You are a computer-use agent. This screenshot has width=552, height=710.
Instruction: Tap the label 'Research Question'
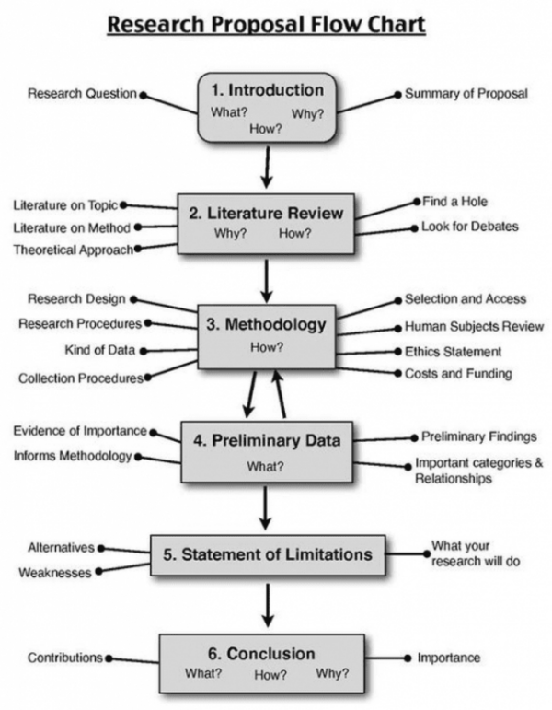pyautogui.click(x=82, y=94)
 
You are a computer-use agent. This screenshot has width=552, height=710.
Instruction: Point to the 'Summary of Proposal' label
pyautogui.click(x=466, y=94)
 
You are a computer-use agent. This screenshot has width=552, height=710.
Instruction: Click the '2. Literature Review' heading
pyautogui.click(x=266, y=214)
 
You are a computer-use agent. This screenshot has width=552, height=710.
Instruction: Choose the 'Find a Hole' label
pyautogui.click(x=454, y=201)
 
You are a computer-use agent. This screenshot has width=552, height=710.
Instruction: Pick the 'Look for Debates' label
pyautogui.click(x=469, y=227)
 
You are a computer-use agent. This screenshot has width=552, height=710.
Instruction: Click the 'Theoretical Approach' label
pyautogui.click(x=73, y=250)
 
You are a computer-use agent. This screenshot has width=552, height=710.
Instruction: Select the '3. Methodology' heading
pyautogui.click(x=266, y=324)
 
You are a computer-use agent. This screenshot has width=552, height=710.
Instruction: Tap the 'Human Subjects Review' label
pyautogui.click(x=474, y=327)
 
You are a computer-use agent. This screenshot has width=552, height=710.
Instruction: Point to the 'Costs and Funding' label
pyautogui.click(x=458, y=374)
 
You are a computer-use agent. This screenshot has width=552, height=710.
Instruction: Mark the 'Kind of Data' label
pyautogui.click(x=99, y=350)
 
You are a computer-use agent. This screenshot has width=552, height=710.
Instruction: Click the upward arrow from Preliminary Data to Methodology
pyautogui.click(x=279, y=394)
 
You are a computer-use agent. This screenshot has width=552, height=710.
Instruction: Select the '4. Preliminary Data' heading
pyautogui.click(x=266, y=440)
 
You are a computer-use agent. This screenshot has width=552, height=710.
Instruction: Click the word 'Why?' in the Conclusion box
pyautogui.click(x=332, y=673)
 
